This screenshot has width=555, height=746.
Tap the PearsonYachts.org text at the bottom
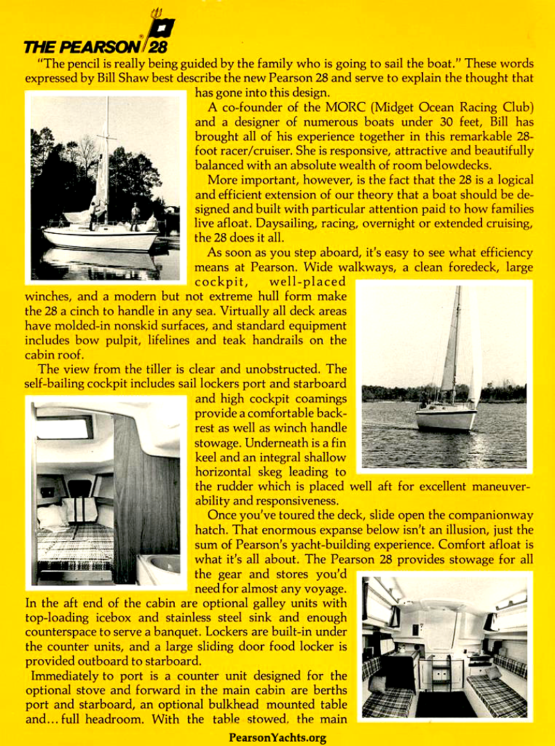click(277, 738)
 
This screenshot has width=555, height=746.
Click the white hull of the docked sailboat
click(101, 239)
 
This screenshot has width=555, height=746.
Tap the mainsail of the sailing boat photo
click(450, 347)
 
